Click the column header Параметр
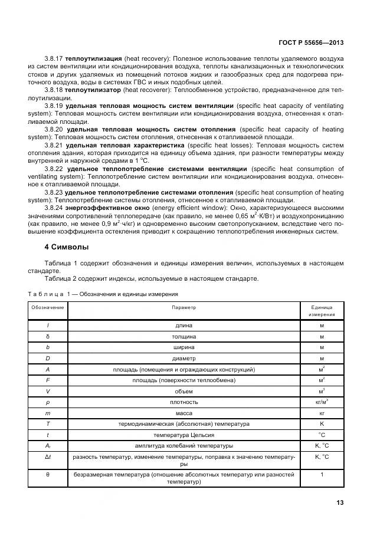[183, 307]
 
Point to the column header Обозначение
[48, 307]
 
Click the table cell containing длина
[183, 325]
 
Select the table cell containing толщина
[183, 336]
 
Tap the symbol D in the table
[48, 358]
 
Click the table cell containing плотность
[183, 402]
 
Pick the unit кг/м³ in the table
[322, 402]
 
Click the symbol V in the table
[48, 391]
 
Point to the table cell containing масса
[183, 413]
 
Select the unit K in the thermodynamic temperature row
[322, 423]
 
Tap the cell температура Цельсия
[183, 435]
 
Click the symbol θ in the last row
[48, 474]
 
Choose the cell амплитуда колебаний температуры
[183, 445]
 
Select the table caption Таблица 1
[49, 294]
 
